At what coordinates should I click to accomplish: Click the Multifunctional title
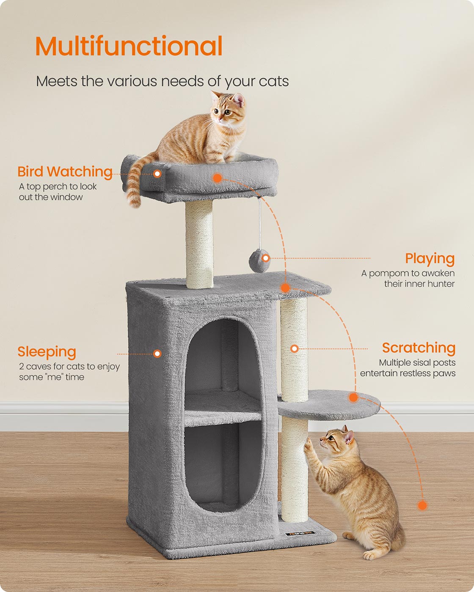129,46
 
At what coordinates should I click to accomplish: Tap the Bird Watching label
65,172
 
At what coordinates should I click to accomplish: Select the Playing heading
430,258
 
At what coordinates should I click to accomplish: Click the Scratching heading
419,348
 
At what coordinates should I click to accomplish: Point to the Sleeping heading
47,352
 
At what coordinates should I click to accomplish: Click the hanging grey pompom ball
259,261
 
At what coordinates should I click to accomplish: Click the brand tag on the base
300,533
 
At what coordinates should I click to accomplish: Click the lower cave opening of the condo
223,465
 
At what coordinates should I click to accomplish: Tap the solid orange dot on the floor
422,505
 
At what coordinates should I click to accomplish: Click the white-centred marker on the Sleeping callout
157,354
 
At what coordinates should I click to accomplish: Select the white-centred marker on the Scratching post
295,348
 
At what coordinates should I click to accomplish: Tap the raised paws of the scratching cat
308,446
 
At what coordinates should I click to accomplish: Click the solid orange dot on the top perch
217,178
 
